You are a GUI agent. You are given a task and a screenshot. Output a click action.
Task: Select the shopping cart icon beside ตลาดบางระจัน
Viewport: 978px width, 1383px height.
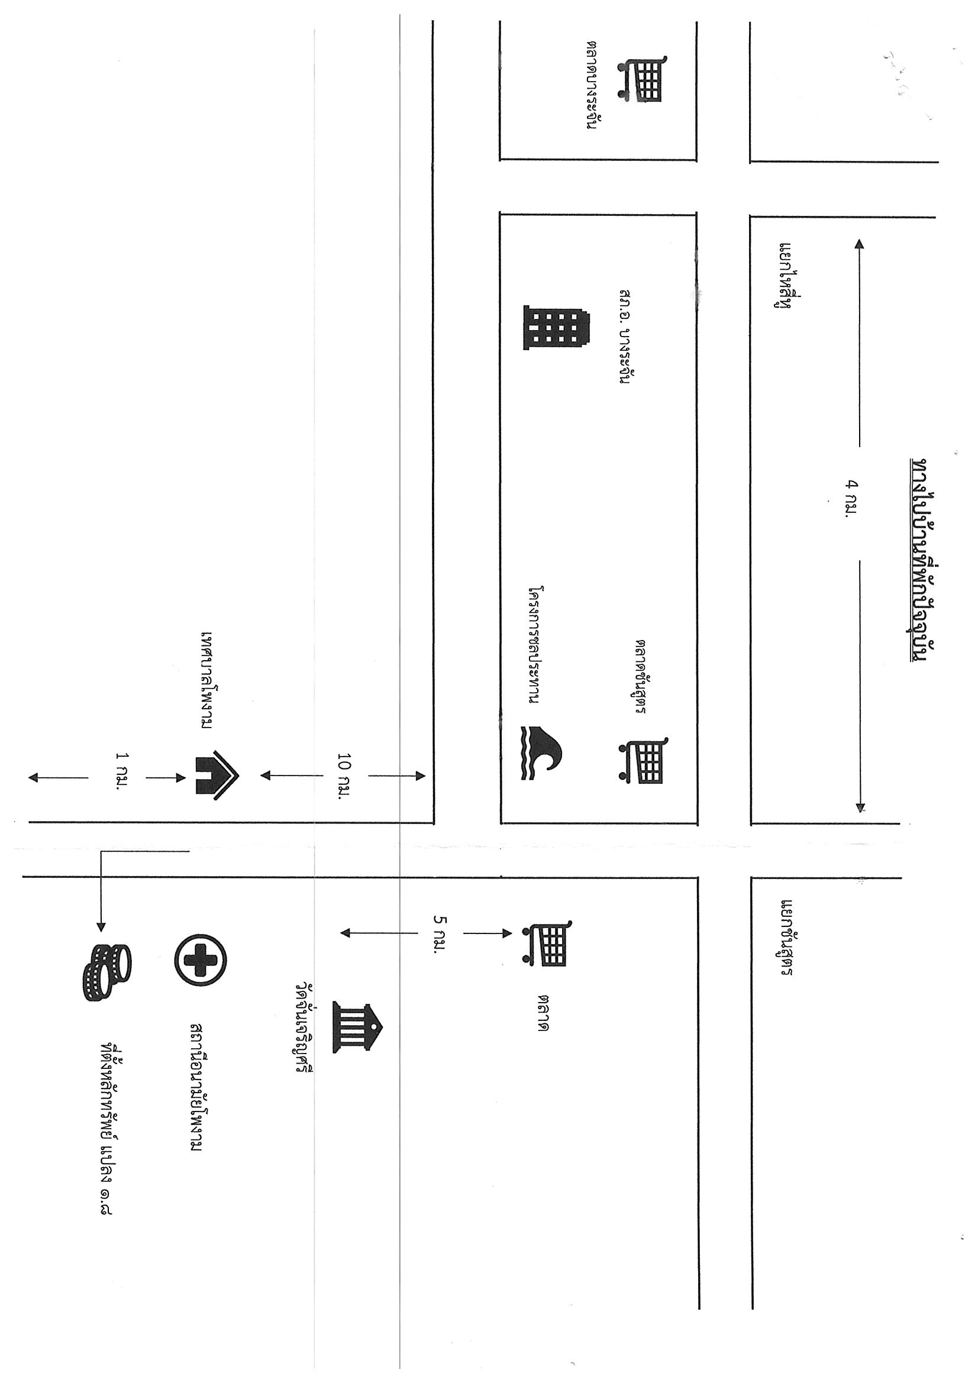coord(641,77)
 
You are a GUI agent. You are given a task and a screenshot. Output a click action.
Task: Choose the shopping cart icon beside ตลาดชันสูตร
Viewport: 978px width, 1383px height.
coord(643,760)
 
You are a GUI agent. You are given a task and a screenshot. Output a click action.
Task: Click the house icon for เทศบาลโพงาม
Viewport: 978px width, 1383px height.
coord(217,775)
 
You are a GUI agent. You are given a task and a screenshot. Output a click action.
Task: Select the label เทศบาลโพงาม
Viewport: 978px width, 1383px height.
coord(208,680)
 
